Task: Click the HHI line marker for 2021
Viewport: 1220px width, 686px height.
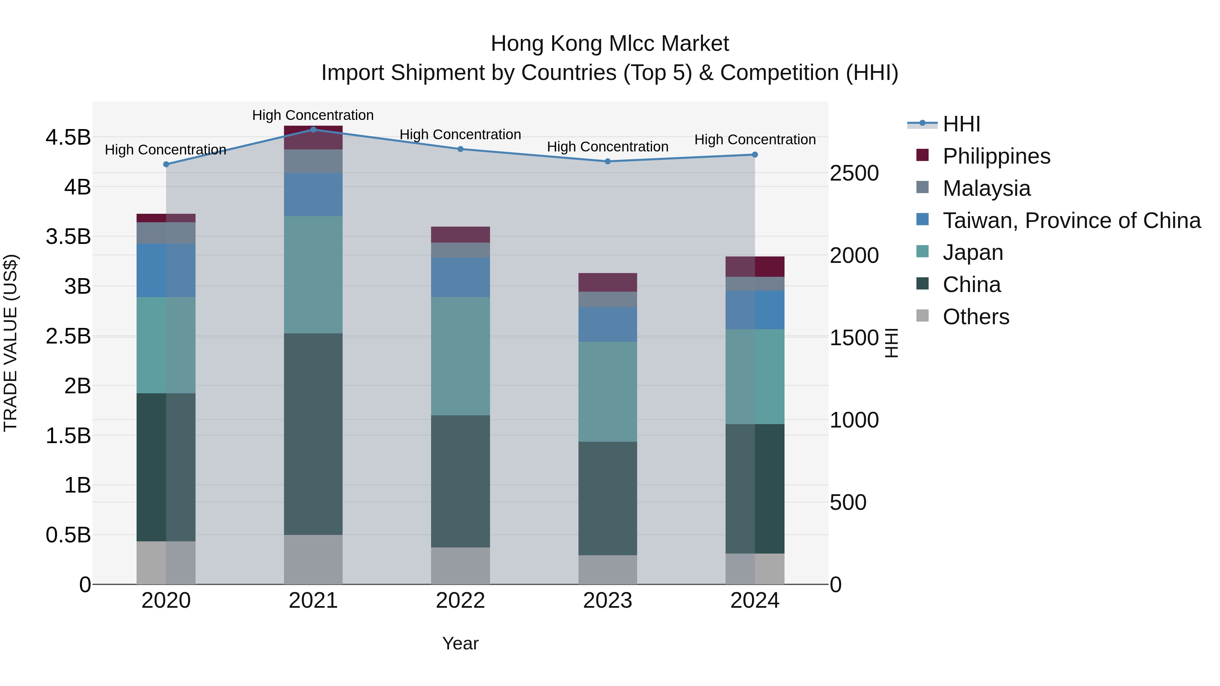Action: (x=313, y=130)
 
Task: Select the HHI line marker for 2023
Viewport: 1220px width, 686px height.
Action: (x=608, y=162)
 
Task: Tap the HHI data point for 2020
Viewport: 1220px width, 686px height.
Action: (x=166, y=164)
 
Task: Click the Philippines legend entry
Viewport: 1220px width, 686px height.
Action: (x=996, y=156)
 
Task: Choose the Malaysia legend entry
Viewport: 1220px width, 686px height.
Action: (x=986, y=188)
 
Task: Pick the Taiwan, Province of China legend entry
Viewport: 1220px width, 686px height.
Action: (x=1071, y=221)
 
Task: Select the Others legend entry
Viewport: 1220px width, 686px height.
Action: (x=976, y=317)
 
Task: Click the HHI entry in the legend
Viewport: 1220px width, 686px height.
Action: (x=961, y=124)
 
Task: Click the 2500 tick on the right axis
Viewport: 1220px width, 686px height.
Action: (x=854, y=173)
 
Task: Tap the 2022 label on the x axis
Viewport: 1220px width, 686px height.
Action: (x=460, y=601)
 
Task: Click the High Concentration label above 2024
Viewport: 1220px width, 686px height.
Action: (x=755, y=140)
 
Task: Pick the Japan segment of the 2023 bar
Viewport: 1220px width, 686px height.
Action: (x=608, y=392)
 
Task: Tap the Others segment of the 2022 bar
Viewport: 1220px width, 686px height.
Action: (x=460, y=566)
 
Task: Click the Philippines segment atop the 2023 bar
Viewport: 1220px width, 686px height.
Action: (x=608, y=282)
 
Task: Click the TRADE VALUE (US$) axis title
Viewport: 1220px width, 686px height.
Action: (x=11, y=343)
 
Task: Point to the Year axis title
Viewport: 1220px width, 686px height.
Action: (x=460, y=643)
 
